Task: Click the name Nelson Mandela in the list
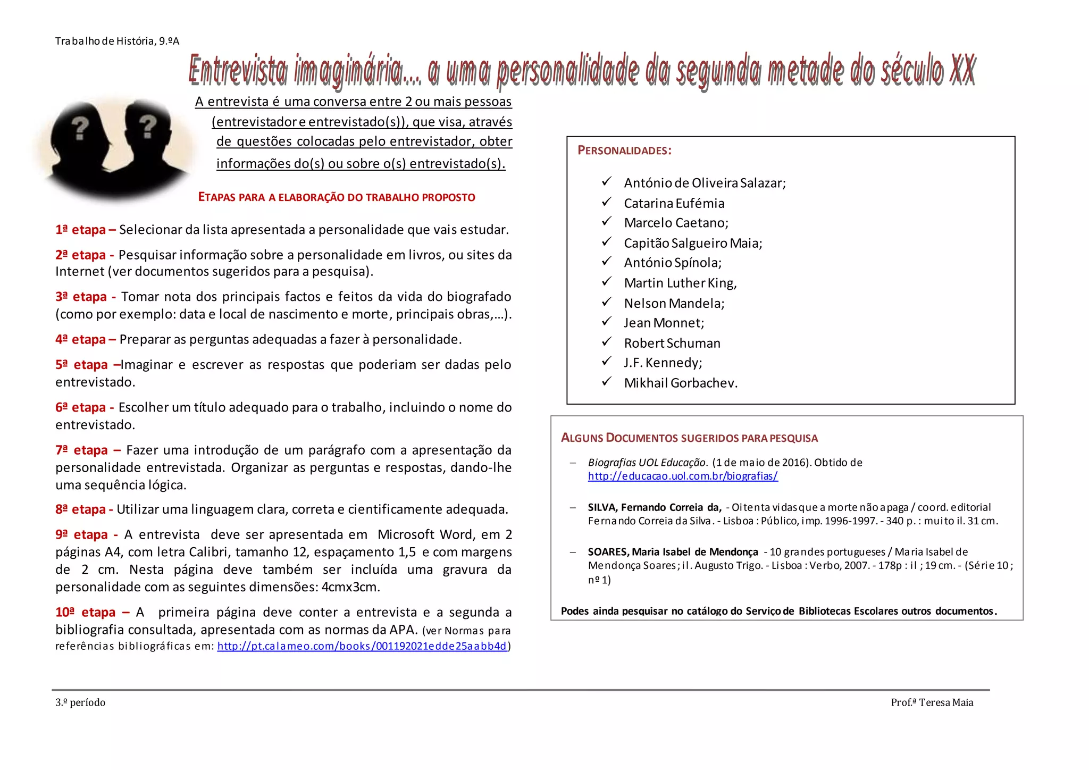674,303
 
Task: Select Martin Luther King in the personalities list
680,283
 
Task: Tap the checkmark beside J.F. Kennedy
607,362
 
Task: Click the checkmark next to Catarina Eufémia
607,202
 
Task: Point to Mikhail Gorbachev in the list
681,383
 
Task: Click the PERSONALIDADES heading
624,150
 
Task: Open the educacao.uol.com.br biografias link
683,476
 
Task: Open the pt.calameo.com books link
362,646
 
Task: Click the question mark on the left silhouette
80,128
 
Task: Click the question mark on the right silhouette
148,127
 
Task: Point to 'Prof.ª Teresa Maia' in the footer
932,702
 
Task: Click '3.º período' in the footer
80,702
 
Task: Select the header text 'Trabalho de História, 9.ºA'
117,41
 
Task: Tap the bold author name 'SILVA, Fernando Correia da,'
655,507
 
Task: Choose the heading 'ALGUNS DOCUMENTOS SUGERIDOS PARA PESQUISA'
689,438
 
